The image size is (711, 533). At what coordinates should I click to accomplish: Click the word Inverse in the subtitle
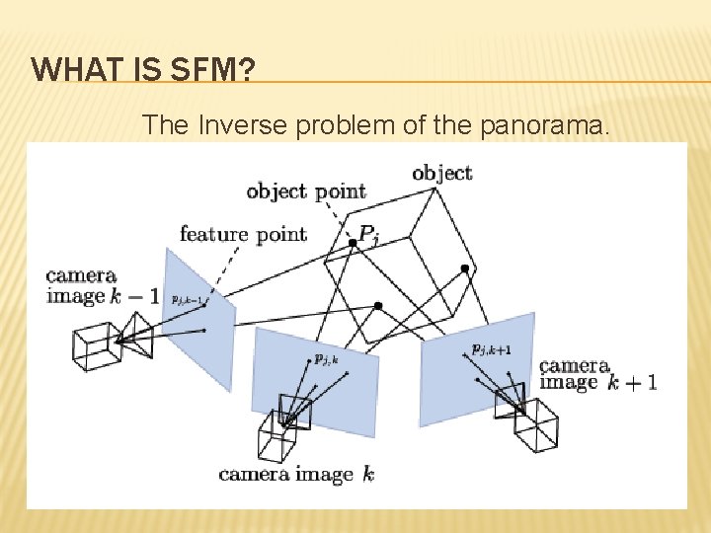coord(235,125)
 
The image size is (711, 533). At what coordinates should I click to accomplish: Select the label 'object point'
coord(305,190)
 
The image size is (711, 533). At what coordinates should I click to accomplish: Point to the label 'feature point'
coord(243,234)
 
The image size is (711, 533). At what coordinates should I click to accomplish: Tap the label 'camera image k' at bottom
coord(296,475)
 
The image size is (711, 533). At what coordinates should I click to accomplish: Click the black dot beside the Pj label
coord(352,241)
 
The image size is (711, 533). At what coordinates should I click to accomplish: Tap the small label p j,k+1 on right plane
coord(491,348)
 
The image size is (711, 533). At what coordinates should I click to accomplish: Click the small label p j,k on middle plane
coord(326,359)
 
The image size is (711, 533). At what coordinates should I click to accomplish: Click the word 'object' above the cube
coord(441,173)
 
